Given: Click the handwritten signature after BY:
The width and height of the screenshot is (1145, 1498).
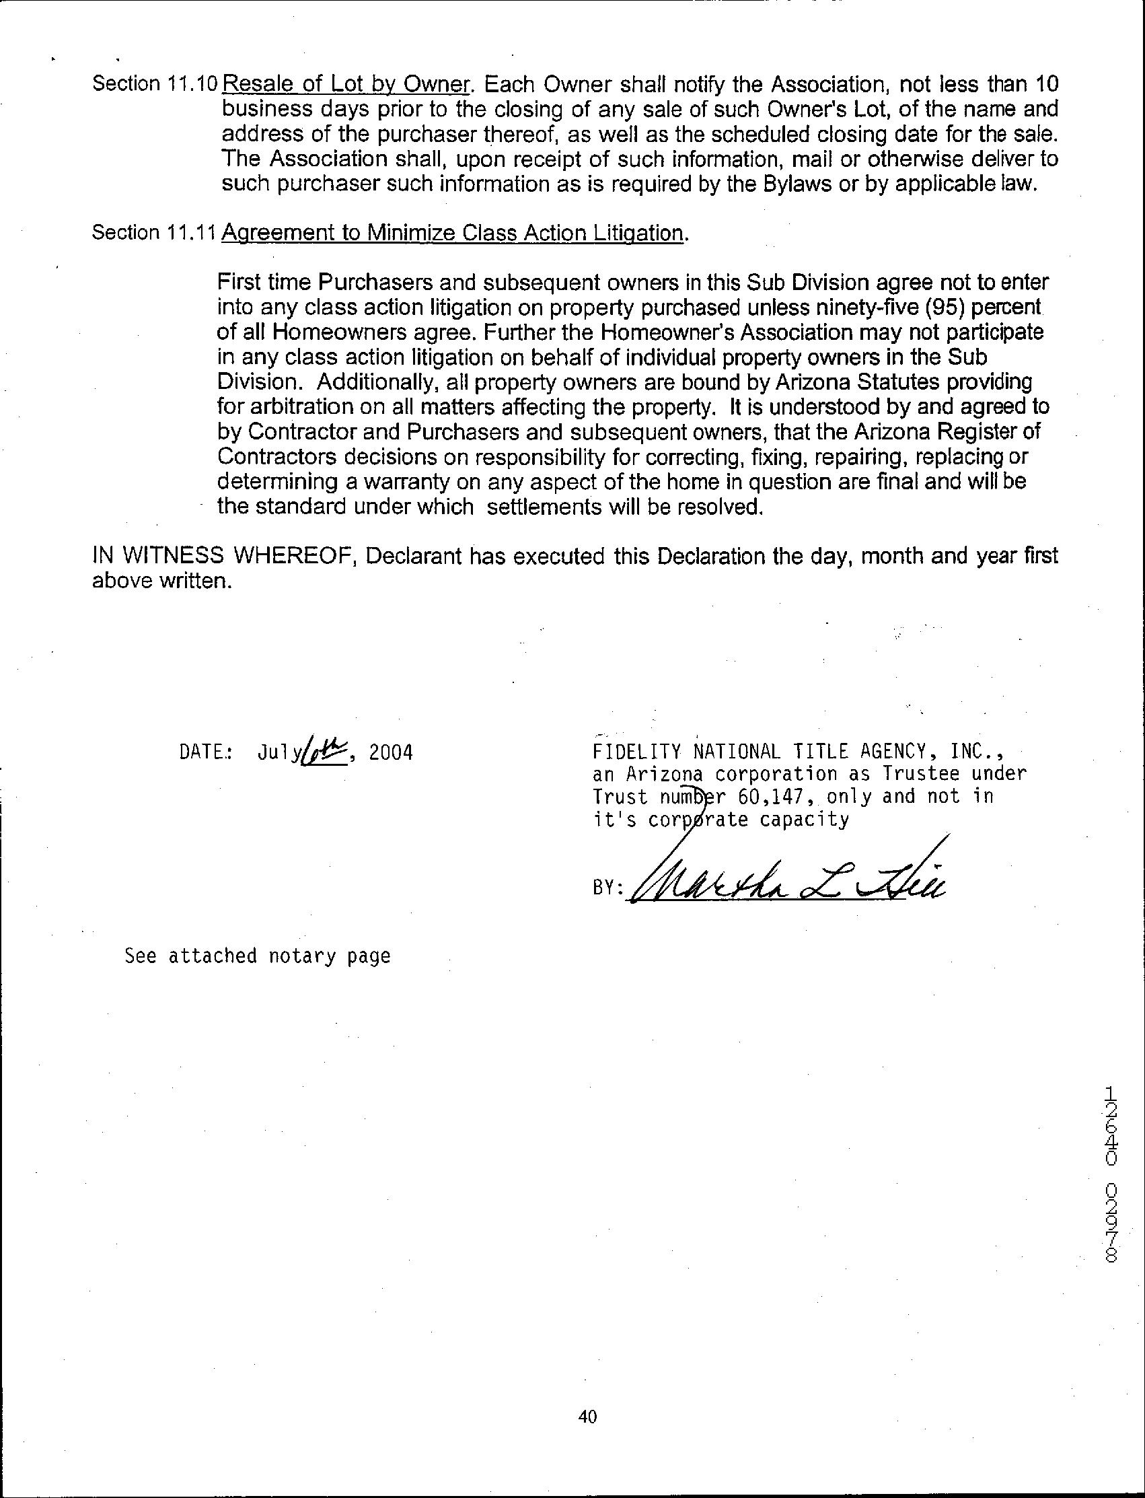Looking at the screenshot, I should [x=784, y=880].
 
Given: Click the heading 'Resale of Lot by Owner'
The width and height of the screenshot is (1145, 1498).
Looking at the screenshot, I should [x=346, y=84].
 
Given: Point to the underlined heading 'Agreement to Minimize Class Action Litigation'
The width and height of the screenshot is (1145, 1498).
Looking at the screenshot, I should [x=453, y=234].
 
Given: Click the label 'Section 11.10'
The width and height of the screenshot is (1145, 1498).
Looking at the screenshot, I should [x=154, y=84].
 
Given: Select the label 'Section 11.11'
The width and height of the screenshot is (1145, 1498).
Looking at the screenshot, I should [x=154, y=234].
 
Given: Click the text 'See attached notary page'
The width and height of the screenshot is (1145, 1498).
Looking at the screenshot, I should [x=258, y=956].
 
